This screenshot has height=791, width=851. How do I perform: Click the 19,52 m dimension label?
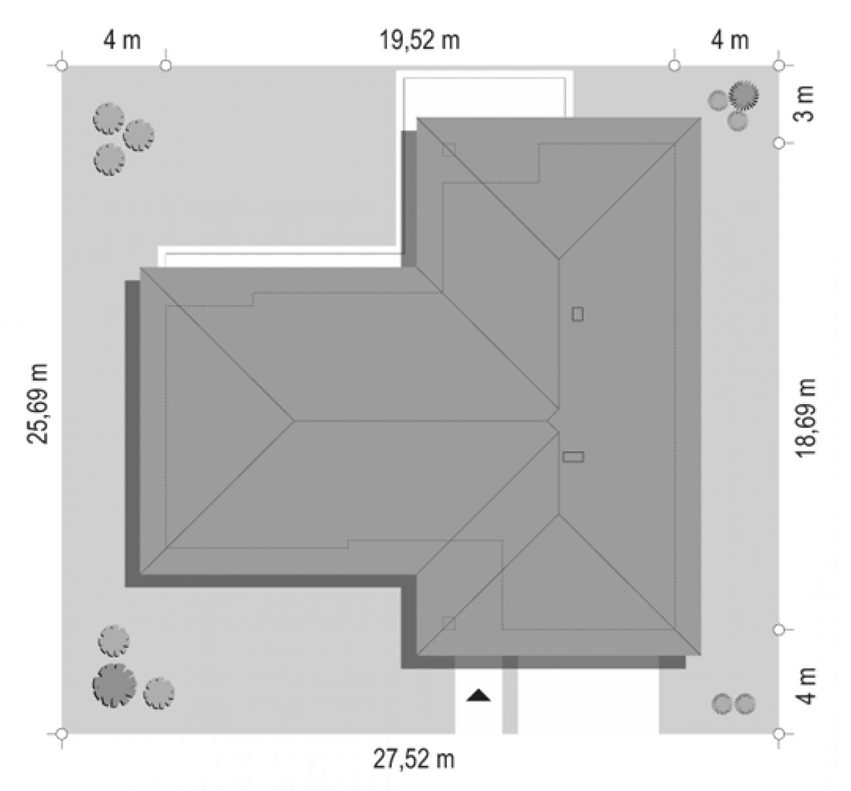pos(420,41)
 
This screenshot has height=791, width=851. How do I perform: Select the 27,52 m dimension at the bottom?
pos(413,759)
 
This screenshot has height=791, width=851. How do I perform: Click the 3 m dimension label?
pos(806,104)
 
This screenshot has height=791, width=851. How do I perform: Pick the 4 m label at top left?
pos(122,41)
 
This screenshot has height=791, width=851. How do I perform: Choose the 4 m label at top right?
pos(730,41)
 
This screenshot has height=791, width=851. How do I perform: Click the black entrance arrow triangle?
pos(479,695)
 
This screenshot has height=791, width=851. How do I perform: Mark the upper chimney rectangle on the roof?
pos(577,314)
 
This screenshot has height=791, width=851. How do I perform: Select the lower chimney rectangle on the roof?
pos(573,457)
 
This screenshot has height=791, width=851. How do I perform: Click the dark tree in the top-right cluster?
pos(744,95)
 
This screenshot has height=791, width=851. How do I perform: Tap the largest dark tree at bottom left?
pos(115,685)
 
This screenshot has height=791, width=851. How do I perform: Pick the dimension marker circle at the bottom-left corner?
pos(62,734)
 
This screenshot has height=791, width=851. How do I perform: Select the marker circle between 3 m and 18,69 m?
pos(779,142)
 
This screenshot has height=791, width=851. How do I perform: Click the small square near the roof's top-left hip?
pos(449,150)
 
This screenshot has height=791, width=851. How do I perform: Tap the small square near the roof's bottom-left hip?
pos(449,624)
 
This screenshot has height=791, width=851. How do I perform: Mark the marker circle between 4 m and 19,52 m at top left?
pos(165,65)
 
